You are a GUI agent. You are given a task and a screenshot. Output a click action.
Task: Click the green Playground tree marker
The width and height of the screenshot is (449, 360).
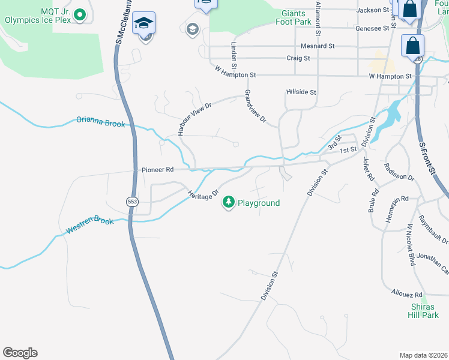point(228,203)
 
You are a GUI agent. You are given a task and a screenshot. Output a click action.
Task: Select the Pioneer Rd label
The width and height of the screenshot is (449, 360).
point(157,170)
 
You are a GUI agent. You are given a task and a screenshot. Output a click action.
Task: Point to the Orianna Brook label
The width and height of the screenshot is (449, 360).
point(100,122)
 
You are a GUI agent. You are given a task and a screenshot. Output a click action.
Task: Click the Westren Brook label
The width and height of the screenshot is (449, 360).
point(89,226)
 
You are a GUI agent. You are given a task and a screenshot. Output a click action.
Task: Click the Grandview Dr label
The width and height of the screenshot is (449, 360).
point(255,107)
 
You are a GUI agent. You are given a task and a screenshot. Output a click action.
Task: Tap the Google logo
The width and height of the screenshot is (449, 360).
point(20,353)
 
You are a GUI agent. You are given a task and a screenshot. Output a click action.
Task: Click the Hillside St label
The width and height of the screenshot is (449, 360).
point(301,92)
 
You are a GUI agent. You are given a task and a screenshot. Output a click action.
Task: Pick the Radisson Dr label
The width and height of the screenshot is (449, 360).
point(399,173)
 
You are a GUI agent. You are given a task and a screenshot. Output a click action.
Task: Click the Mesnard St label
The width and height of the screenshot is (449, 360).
point(318,46)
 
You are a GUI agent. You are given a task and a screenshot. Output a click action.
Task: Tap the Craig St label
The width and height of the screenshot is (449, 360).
point(298,58)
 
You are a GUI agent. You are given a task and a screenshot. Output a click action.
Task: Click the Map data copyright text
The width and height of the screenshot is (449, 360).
point(423,355)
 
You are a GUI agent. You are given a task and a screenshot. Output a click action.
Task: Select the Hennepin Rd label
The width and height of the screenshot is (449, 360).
point(397,198)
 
